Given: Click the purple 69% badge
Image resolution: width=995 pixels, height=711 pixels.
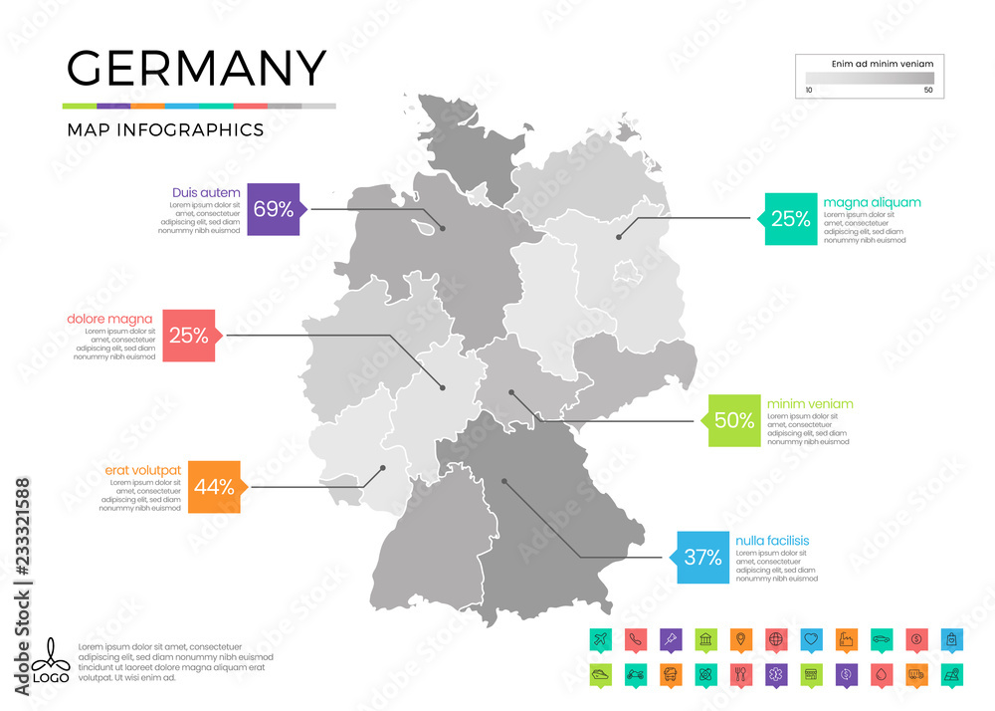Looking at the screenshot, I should [x=273, y=209].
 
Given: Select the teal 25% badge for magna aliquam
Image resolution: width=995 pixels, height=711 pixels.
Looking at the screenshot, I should [x=790, y=219].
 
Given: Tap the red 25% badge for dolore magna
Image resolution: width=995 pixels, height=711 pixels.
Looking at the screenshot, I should [x=188, y=336].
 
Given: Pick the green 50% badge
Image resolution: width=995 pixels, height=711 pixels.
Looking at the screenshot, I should [x=733, y=420].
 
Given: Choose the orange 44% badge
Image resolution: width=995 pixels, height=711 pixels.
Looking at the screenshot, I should [x=214, y=487].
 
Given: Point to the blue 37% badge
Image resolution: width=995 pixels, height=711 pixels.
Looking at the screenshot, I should [x=701, y=557].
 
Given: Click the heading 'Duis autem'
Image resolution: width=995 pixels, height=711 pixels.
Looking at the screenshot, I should [x=206, y=191].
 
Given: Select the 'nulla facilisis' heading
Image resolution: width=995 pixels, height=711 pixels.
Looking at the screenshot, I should [x=772, y=541].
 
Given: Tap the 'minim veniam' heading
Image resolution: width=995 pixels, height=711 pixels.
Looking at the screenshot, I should [x=810, y=403].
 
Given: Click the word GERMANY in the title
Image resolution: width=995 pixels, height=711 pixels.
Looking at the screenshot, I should [x=196, y=68].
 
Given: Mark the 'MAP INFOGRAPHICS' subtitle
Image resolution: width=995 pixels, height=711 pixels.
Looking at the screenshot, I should [x=164, y=129].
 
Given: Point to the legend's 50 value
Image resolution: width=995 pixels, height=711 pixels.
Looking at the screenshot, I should [x=928, y=90].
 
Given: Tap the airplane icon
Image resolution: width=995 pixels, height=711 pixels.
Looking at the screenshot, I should [x=600, y=638].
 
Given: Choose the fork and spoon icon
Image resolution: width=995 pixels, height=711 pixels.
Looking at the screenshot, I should [x=738, y=673].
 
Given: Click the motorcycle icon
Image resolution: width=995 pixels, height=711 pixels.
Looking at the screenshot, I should [x=635, y=673].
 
